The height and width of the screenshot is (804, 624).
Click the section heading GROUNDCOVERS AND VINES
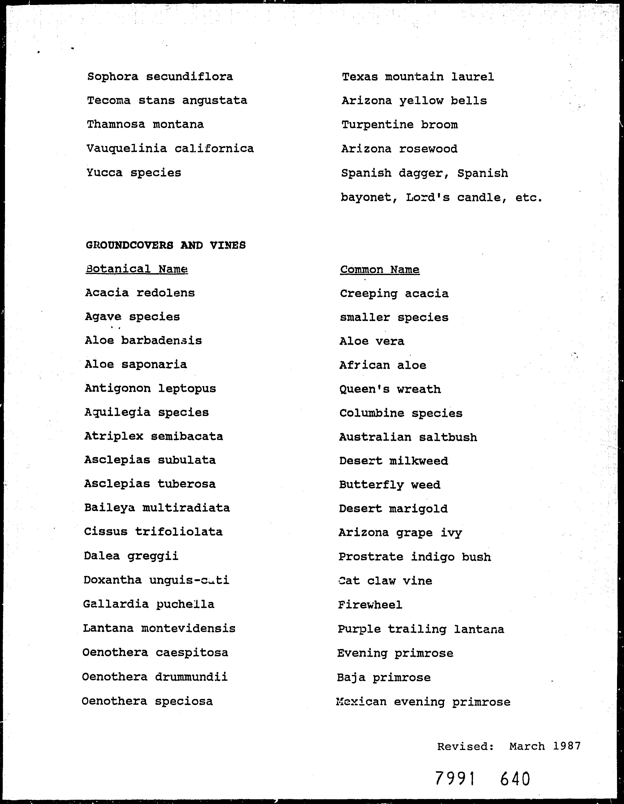[x=166, y=245]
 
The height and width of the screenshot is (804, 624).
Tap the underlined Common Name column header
[x=379, y=270]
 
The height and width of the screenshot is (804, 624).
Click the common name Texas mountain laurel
[x=418, y=77]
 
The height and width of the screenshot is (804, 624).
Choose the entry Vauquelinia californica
[x=170, y=149]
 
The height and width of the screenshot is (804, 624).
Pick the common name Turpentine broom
[x=400, y=125]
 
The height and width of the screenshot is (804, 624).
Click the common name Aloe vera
[x=372, y=341]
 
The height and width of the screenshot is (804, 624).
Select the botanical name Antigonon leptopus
[x=150, y=389]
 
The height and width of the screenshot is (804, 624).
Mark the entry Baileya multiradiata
[x=157, y=508]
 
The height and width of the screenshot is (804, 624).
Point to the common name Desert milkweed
[x=393, y=461]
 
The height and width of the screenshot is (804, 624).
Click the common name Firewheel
[x=370, y=605]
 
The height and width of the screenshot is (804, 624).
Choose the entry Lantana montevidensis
[x=159, y=628]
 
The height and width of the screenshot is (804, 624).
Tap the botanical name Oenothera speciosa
[x=147, y=701]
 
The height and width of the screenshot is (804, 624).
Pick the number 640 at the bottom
[x=515, y=779]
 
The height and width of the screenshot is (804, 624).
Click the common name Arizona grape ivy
[x=400, y=533]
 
